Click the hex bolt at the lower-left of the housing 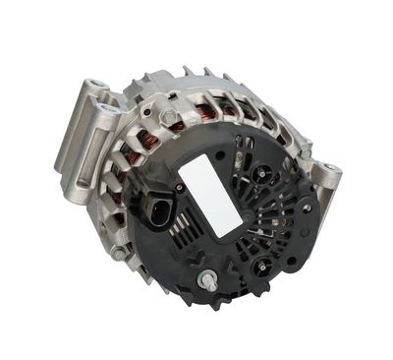119,253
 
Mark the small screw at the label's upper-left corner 179,186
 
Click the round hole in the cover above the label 218,154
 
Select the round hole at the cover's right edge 308,208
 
